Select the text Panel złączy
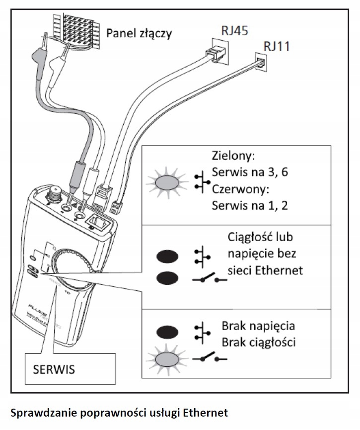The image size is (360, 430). (x=140, y=34)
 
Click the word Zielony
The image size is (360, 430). (x=233, y=156)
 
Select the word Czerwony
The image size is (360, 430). (x=240, y=189)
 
